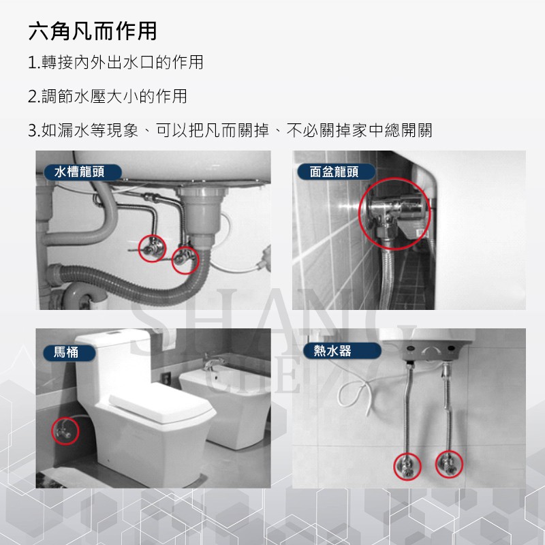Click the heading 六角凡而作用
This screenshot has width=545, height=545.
click(x=93, y=31)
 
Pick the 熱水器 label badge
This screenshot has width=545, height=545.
click(x=332, y=351)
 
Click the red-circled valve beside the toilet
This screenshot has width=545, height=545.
click(x=65, y=431)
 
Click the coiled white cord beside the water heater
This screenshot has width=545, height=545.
click(x=357, y=395)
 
